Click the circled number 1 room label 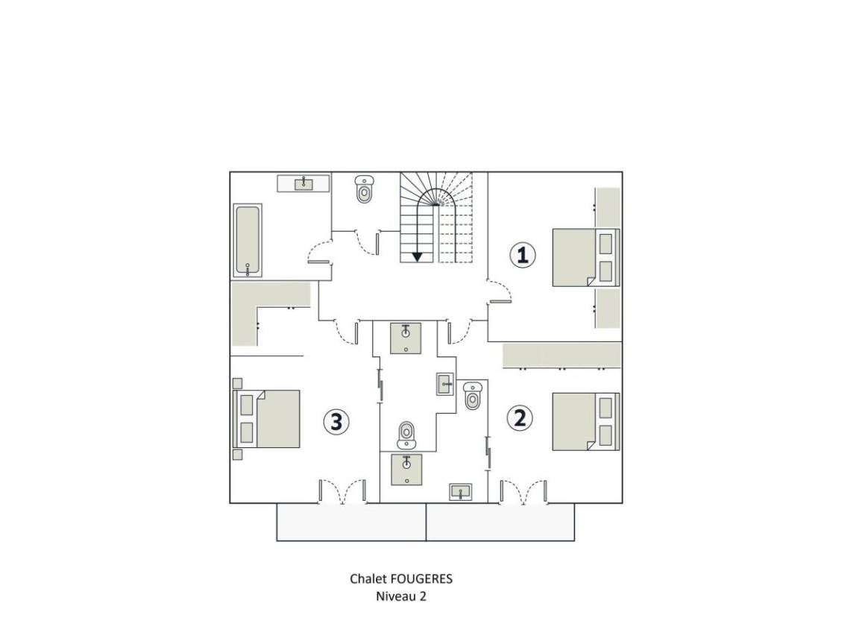[522, 255]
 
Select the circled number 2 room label [519, 418]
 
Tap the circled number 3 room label [336, 422]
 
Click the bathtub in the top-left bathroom [248, 241]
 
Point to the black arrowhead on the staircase [418, 256]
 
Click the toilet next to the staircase [364, 189]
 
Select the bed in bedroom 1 [585, 257]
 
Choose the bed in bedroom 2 [585, 422]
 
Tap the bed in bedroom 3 [267, 419]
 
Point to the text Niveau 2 [401, 596]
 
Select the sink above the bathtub [303, 183]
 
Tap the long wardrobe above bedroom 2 [562, 356]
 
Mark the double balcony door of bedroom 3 [342, 492]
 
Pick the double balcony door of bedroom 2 [523, 492]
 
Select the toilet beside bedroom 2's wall [472, 395]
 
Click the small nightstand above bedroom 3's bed [238, 383]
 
